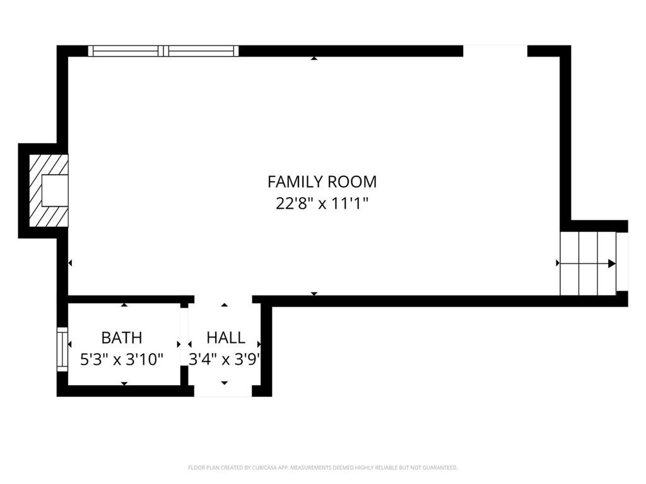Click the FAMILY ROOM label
tap(322, 181)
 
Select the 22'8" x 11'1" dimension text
tap(322, 204)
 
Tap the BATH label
tap(122, 338)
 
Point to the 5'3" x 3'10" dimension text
tap(122, 360)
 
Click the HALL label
tap(226, 338)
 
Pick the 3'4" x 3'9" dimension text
tap(225, 360)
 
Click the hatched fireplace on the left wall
tap(49, 190)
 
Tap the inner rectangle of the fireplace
tap(55, 190)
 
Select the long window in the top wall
tap(163, 50)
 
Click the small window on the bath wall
tap(62, 349)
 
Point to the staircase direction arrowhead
tap(612, 263)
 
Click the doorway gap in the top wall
tap(495, 50)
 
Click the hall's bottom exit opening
tap(223, 391)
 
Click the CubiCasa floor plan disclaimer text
tap(323, 468)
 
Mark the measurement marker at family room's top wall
tap(314, 59)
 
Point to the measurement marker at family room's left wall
tap(70, 263)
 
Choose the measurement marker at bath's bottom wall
tap(124, 384)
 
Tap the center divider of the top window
tap(163, 50)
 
